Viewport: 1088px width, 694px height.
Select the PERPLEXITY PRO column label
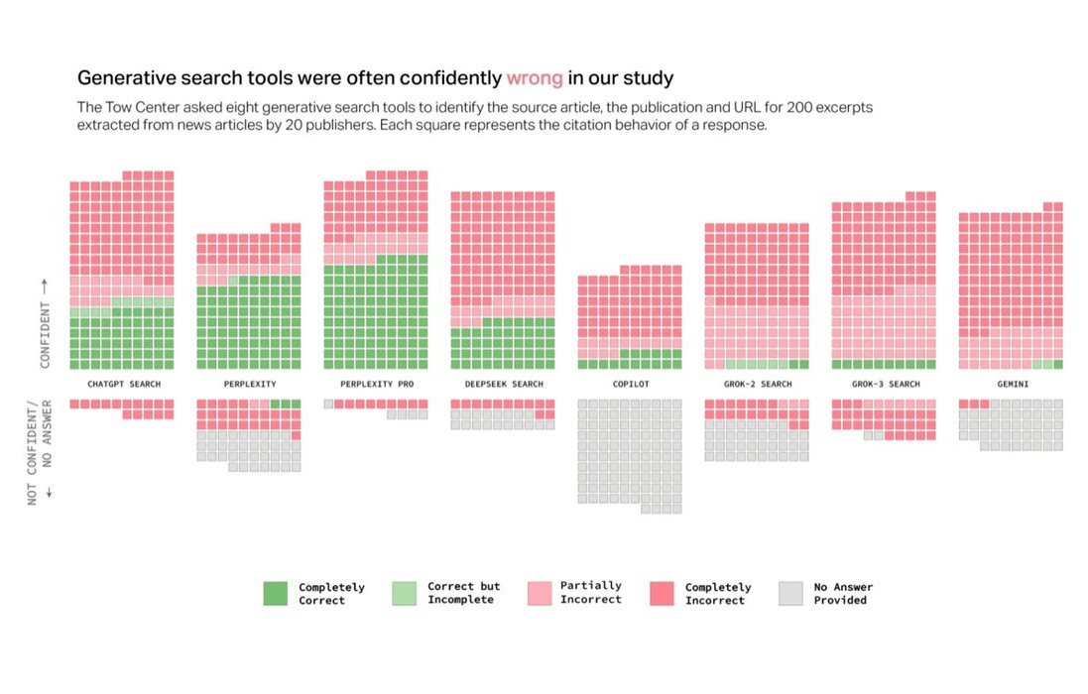click(x=375, y=383)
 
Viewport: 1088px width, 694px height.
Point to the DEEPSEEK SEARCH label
click(x=502, y=383)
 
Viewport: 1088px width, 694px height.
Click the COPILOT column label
click(x=629, y=383)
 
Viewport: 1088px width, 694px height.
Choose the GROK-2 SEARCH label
click(x=757, y=383)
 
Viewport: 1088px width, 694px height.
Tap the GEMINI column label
click(x=1010, y=383)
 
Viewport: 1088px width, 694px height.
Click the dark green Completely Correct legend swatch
click(x=275, y=593)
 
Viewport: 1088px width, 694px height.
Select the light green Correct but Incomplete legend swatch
click(x=404, y=593)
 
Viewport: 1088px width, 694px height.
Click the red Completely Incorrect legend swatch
click(x=662, y=593)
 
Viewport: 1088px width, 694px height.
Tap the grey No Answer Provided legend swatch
click(x=790, y=593)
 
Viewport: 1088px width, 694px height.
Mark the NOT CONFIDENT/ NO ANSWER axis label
click(x=40, y=452)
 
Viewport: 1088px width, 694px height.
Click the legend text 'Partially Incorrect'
click(x=591, y=593)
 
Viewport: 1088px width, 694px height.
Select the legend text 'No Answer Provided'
click(x=843, y=593)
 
